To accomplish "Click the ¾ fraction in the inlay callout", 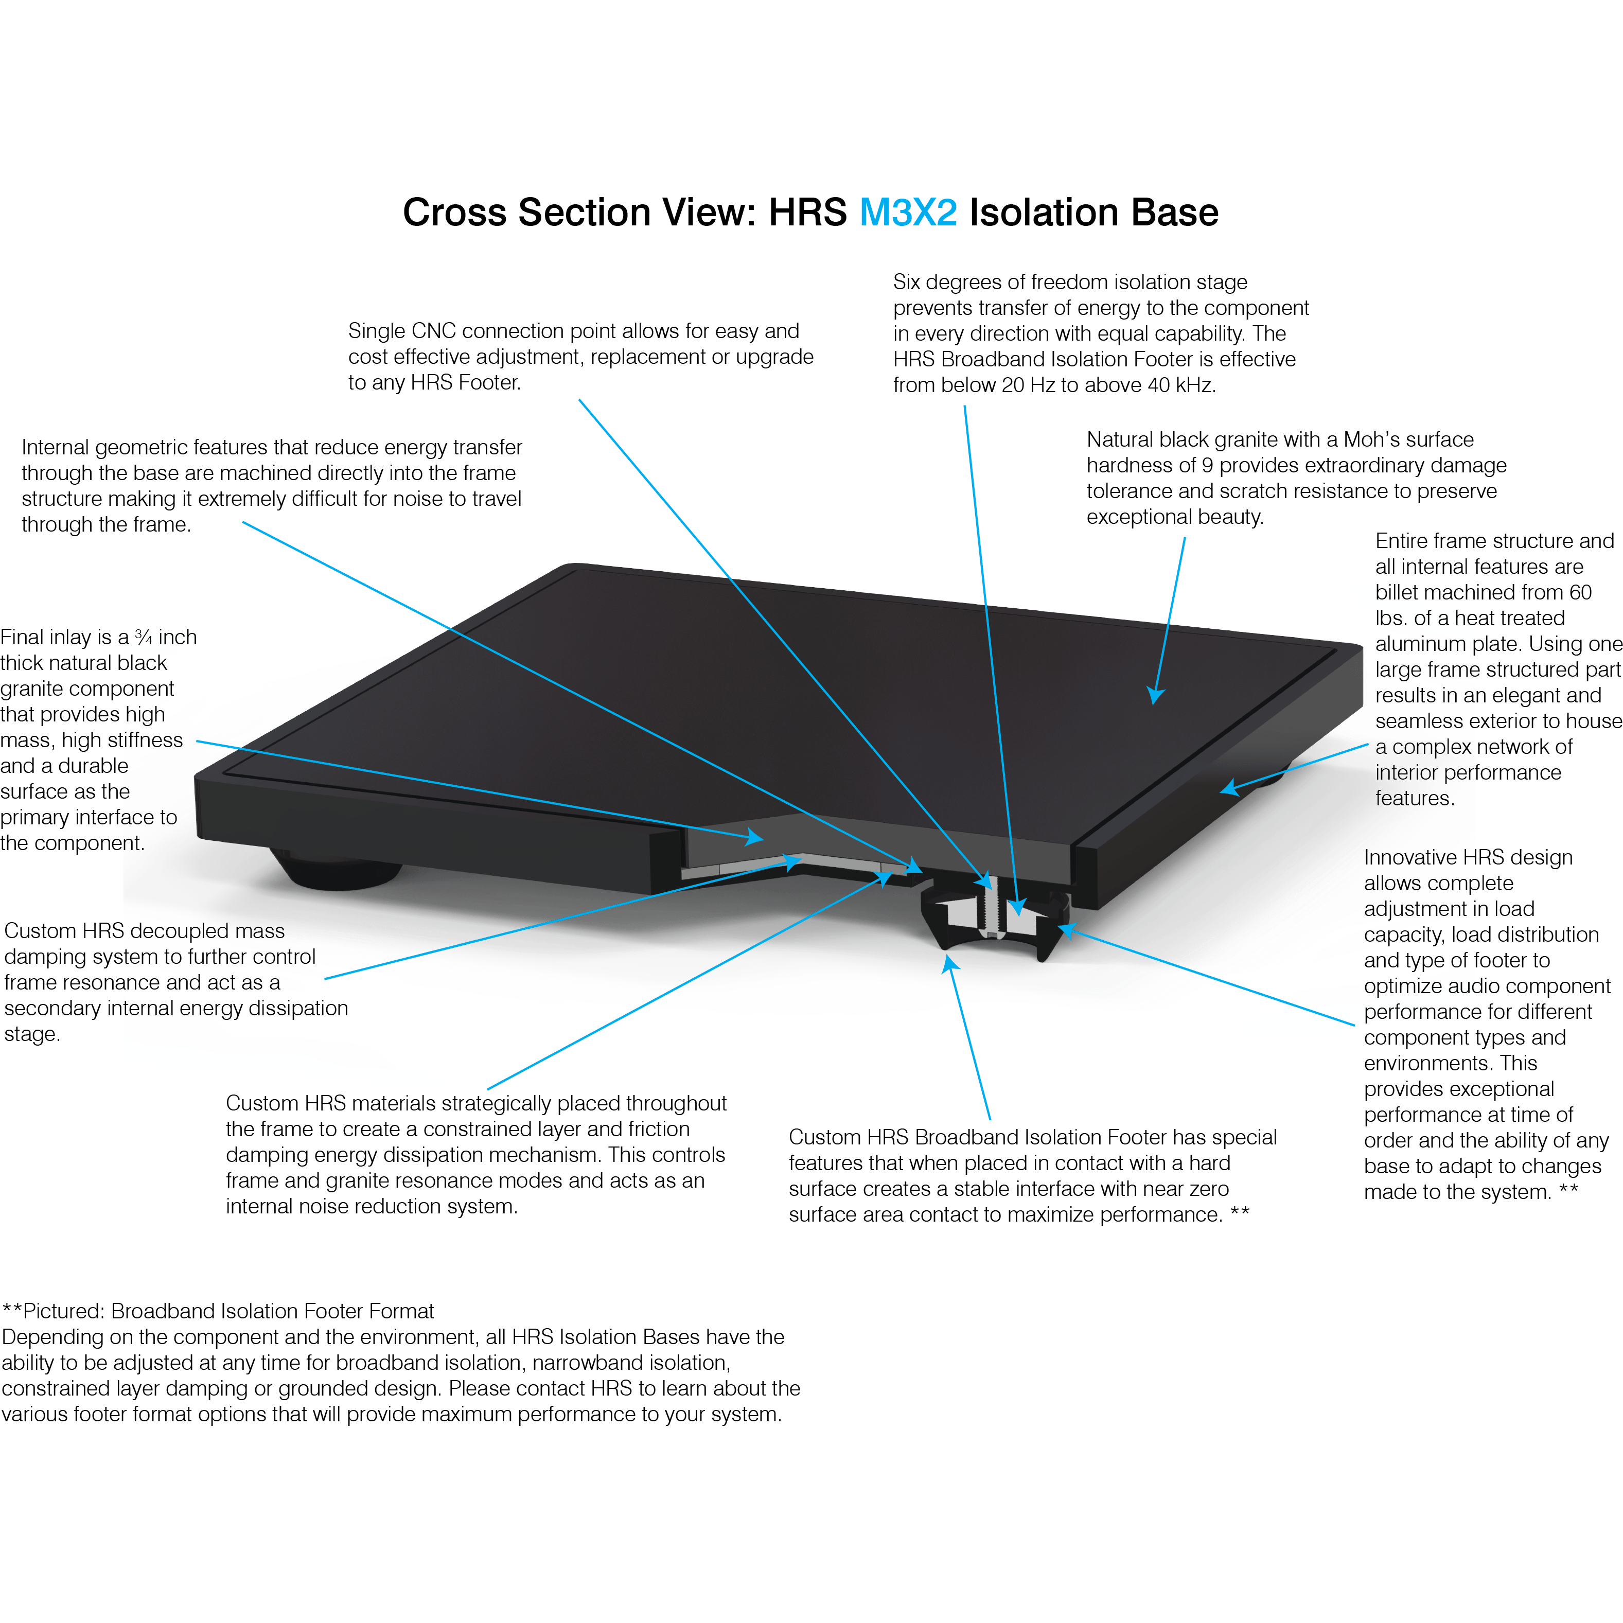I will pyautogui.click(x=144, y=638).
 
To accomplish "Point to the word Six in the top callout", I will pyautogui.click(x=910, y=283).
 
